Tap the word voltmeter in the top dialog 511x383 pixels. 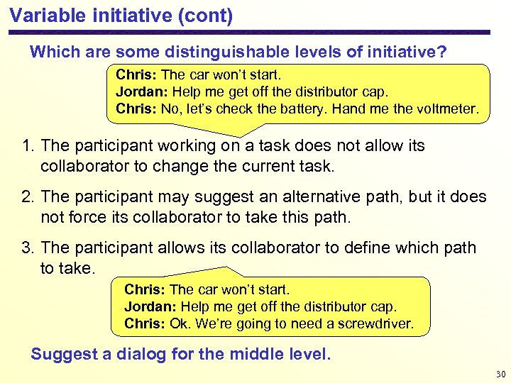click(x=451, y=111)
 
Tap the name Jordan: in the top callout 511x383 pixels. click(x=138, y=92)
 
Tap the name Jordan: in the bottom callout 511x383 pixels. click(x=146, y=306)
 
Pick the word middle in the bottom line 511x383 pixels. click(x=261, y=354)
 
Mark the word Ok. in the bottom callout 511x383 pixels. click(x=180, y=324)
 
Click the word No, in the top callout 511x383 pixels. click(x=172, y=111)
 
